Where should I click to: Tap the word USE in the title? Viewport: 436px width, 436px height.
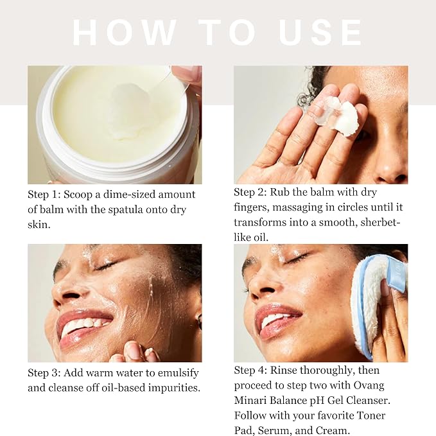[320, 33]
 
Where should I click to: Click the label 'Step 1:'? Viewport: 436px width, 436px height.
[44, 195]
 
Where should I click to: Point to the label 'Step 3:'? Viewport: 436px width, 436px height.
[44, 373]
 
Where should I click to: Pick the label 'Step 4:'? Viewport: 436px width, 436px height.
[250, 371]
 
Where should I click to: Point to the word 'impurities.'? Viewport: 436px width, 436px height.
[174, 388]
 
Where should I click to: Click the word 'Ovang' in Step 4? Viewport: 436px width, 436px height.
[369, 386]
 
